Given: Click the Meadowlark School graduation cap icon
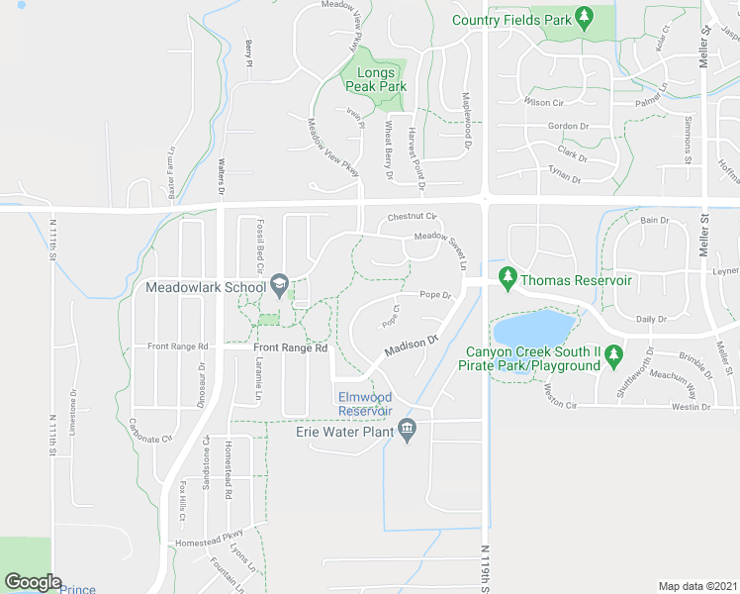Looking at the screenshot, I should click(280, 287).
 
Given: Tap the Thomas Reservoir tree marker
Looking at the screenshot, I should click(509, 281).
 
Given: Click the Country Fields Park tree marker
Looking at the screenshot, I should click(584, 17).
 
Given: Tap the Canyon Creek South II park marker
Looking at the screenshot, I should click(613, 353).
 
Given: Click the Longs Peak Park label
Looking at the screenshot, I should click(376, 79).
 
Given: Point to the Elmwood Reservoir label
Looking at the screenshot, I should click(365, 404).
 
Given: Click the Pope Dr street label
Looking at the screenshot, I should click(434, 295).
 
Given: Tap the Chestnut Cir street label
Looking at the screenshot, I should click(412, 217).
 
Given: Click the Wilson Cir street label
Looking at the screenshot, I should click(544, 102).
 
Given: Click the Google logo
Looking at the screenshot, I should click(33, 582).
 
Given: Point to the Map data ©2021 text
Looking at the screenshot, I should click(697, 586).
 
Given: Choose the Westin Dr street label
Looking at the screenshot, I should click(692, 407).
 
